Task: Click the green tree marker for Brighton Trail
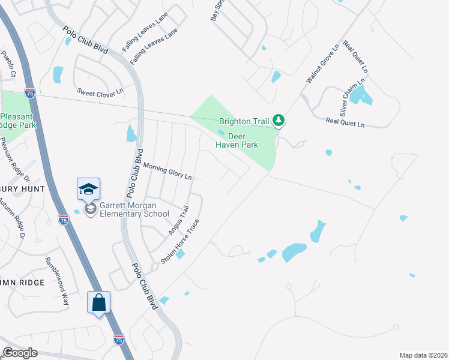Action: click(x=278, y=121)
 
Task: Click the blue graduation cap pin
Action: click(x=88, y=189)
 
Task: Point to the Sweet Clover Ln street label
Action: click(x=100, y=92)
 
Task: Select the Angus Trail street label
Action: click(x=179, y=220)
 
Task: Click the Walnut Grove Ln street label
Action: click(x=323, y=62)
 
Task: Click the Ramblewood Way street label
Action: click(x=57, y=281)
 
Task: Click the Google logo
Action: click(x=20, y=353)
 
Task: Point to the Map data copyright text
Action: click(x=423, y=355)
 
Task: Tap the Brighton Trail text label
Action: click(x=244, y=121)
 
